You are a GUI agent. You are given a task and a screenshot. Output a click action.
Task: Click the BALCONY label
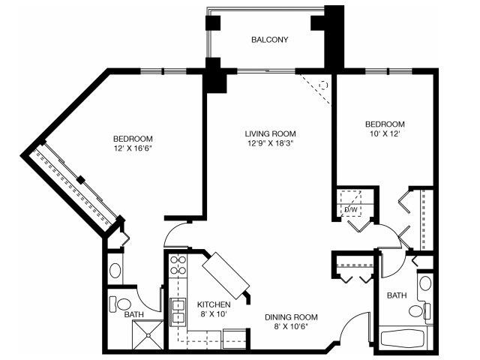[270, 40]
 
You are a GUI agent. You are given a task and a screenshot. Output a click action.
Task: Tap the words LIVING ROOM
[268, 133]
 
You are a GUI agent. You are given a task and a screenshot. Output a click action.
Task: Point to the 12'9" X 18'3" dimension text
[268, 143]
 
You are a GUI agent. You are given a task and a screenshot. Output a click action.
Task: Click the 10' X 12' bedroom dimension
[384, 133]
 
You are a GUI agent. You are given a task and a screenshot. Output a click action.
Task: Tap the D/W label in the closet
[350, 210]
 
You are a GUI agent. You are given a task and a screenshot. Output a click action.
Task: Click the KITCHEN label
[213, 304]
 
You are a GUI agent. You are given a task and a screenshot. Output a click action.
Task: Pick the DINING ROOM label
[292, 316]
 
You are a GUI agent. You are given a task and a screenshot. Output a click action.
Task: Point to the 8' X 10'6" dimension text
[292, 327]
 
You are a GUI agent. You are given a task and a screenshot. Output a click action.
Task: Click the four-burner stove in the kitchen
[178, 265]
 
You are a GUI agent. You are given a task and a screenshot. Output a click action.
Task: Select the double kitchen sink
[178, 310]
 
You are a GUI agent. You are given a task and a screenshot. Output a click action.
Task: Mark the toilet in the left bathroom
[120, 304]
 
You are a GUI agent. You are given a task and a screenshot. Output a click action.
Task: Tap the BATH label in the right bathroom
[396, 296]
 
